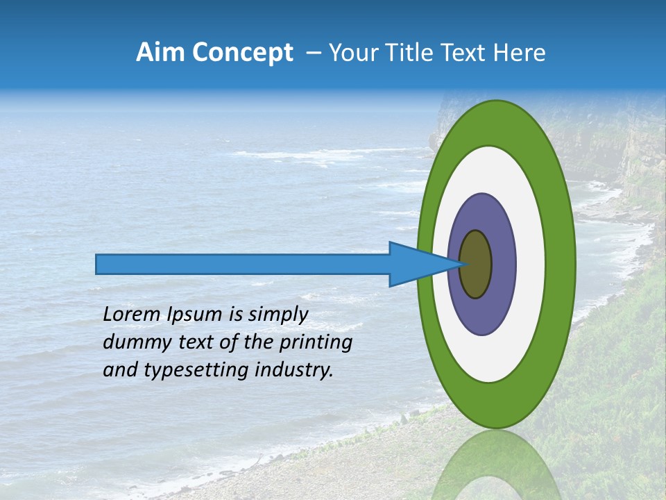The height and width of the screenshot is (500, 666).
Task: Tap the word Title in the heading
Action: pos(420,53)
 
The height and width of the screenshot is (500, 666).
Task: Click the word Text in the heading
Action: pos(468,53)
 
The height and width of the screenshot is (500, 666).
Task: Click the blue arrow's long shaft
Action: pos(243,265)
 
